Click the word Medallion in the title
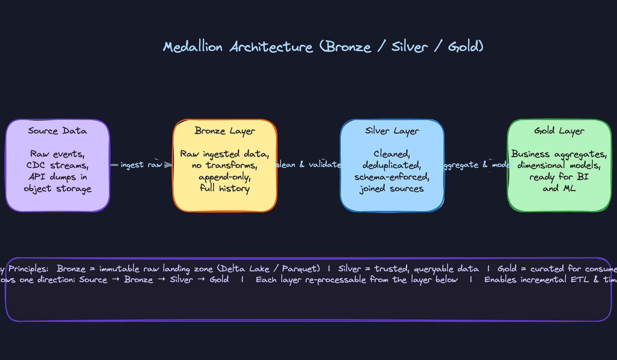tap(192, 47)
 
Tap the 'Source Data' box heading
tap(58, 131)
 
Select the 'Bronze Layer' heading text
tap(225, 131)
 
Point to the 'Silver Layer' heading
tap(392, 131)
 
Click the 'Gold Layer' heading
tap(559, 131)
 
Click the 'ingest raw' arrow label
tap(141, 165)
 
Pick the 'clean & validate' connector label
tap(308, 165)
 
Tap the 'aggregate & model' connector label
tap(477, 165)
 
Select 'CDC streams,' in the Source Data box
tap(58, 165)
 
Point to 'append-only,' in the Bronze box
tap(225, 177)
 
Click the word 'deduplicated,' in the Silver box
tap(392, 165)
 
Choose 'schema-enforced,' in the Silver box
tap(392, 177)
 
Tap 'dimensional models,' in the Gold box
tap(559, 165)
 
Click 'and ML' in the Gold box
tap(559, 188)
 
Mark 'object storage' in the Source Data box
tap(58, 189)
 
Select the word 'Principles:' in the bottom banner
tap(28, 269)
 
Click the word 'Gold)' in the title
tap(466, 47)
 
